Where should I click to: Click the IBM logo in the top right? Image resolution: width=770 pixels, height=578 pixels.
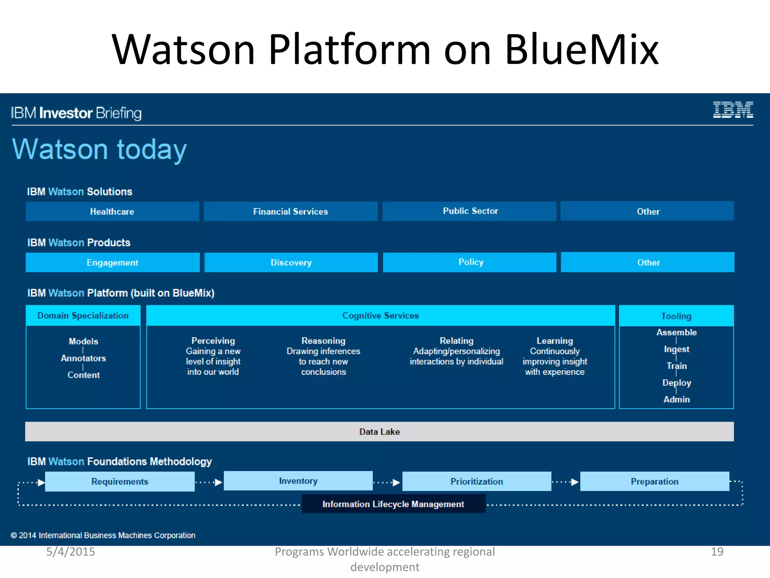pos(733,110)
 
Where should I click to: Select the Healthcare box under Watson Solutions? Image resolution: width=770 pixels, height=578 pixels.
pos(112,211)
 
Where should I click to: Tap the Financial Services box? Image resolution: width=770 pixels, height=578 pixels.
pos(290,211)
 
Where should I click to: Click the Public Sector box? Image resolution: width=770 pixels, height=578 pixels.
pos(470,211)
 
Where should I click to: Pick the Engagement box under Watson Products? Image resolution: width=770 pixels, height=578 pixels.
pos(112,262)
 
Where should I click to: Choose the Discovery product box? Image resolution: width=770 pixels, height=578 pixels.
pos(291,262)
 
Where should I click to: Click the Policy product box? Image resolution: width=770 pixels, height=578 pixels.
pos(470,262)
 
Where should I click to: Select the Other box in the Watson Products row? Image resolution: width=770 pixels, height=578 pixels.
pos(648,262)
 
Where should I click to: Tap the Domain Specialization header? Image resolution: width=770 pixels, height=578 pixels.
pos(83,315)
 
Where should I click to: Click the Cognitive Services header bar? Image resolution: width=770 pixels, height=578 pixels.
pos(380,315)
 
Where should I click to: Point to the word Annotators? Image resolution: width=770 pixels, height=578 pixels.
pos(83,358)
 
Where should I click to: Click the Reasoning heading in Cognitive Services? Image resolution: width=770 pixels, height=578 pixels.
pos(323,341)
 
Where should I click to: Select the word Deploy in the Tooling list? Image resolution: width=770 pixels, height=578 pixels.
pos(676,383)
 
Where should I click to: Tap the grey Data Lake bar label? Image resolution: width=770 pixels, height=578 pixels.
pos(379,432)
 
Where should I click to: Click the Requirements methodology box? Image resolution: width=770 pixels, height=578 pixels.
pos(120,481)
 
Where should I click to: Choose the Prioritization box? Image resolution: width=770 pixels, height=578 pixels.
pos(476,481)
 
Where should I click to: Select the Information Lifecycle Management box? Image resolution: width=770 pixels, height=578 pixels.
pos(393,504)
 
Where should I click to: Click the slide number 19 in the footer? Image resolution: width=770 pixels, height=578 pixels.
pos(717,552)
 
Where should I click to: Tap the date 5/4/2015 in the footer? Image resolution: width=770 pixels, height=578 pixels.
pos(71,552)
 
